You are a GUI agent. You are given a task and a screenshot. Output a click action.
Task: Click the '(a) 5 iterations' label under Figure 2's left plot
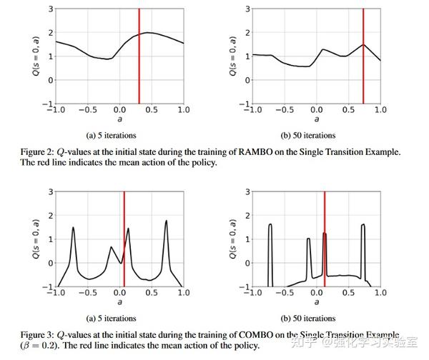click(x=110, y=135)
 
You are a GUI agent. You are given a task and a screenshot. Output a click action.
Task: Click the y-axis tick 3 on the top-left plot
click(x=50, y=9)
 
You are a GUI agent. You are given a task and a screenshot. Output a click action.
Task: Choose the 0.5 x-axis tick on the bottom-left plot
click(x=151, y=293)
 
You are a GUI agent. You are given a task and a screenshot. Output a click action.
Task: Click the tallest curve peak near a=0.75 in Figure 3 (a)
click(x=166, y=221)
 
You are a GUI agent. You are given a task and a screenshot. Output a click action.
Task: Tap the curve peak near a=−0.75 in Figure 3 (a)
click(x=73, y=228)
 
